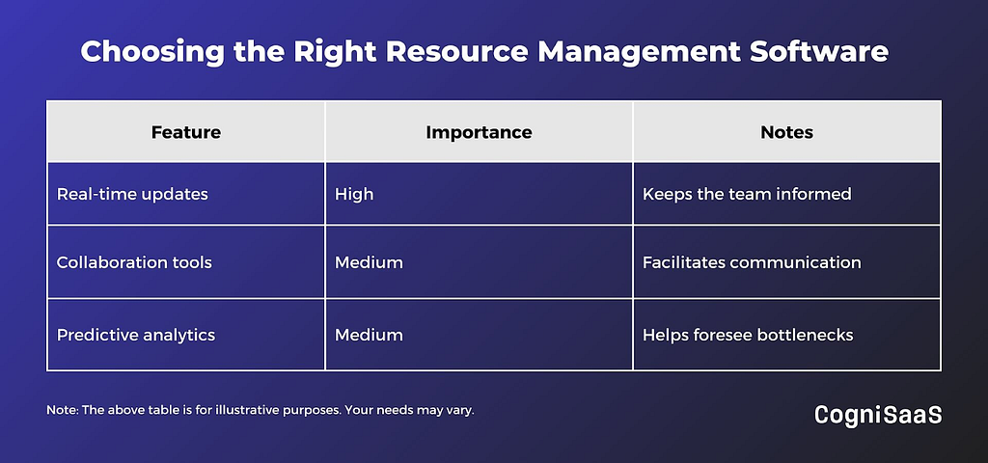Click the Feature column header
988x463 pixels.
coord(186,132)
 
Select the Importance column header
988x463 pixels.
coord(479,132)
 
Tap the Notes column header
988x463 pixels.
coord(787,132)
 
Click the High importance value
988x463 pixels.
coord(354,194)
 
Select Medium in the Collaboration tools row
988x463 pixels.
coord(369,262)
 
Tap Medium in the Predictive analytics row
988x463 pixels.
coord(369,335)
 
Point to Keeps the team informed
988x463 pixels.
coord(747,194)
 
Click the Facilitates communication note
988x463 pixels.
coord(752,262)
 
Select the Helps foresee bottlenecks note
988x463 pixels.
coord(748,335)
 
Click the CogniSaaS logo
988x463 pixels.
coord(878,415)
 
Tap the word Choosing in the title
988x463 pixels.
coord(151,53)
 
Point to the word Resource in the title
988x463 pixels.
coord(456,52)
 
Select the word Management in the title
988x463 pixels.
coord(638,53)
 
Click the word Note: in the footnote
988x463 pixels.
coord(61,410)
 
